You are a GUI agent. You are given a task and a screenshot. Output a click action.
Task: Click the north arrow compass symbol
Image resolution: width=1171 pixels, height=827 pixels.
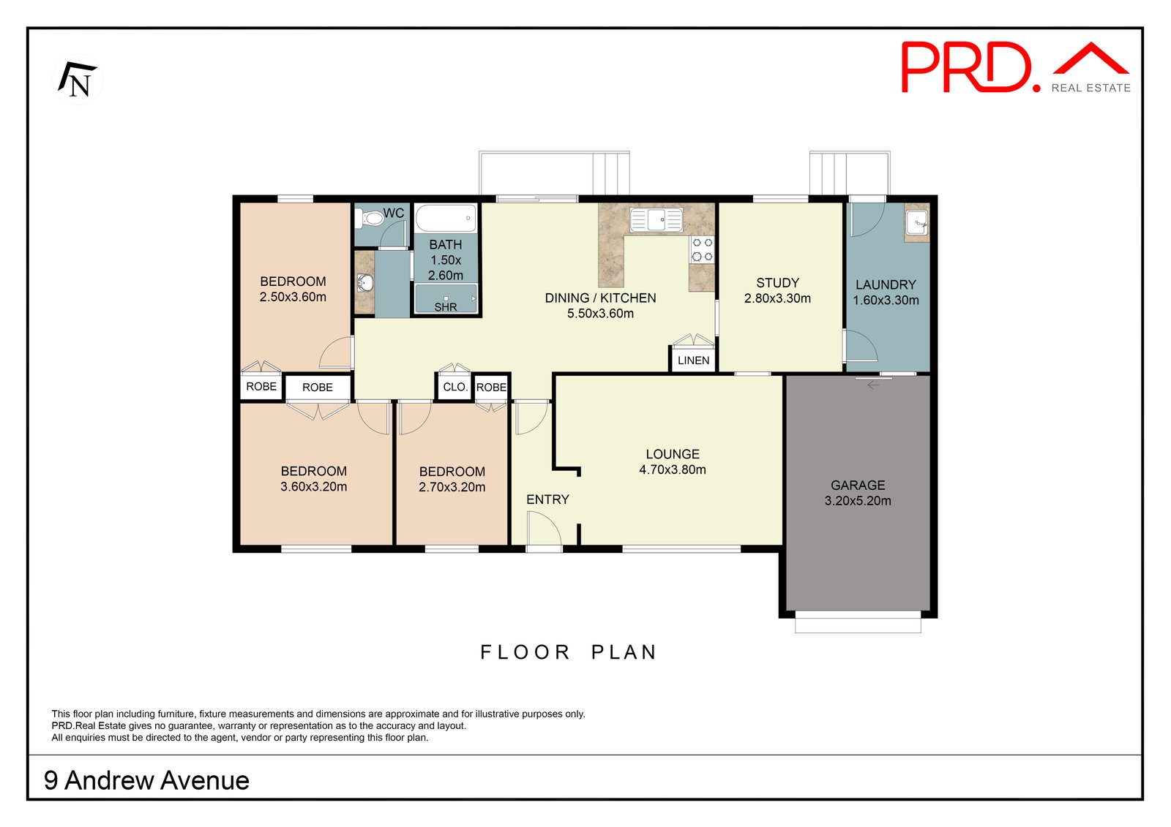coord(78,80)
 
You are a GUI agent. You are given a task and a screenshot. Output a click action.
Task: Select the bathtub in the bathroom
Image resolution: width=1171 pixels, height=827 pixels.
coord(446,219)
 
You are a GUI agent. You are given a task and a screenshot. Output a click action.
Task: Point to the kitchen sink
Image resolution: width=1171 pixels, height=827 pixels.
coord(656,219)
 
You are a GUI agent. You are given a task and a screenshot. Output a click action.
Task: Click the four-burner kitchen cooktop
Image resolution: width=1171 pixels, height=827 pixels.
coord(702,249)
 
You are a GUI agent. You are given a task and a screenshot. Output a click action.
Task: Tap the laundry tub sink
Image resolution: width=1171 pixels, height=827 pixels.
coord(917,223)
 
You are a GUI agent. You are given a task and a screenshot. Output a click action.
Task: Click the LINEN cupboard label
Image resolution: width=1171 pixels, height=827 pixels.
coord(693,360)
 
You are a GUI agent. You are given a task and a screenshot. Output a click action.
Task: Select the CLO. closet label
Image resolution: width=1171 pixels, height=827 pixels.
coord(454,387)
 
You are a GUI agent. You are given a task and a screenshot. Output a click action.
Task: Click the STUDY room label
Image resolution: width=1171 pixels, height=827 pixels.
coord(777,283)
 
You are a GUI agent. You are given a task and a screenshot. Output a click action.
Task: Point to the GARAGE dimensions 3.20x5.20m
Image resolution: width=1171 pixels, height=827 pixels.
coord(858,501)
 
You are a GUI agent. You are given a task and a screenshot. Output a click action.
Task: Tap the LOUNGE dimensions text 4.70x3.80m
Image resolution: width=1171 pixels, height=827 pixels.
coord(673,469)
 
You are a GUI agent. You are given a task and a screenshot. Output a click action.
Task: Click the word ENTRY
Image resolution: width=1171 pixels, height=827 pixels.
coord(547,500)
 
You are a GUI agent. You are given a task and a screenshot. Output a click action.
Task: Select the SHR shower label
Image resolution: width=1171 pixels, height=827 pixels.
coord(446,307)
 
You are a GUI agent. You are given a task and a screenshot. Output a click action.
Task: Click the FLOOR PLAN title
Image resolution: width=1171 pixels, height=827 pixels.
coord(568,652)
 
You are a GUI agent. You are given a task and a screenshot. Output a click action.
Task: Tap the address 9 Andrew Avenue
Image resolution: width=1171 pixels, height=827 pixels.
coord(147,781)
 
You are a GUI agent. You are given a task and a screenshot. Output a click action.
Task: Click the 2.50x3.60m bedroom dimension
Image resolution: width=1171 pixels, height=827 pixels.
coord(293,298)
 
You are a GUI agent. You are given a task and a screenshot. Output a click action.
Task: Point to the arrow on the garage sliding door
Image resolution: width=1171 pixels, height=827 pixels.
coord(873,385)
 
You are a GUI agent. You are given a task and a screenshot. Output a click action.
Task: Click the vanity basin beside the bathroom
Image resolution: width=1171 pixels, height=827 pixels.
coord(365,283)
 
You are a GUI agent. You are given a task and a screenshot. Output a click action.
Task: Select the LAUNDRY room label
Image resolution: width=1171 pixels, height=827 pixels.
coord(886,284)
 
